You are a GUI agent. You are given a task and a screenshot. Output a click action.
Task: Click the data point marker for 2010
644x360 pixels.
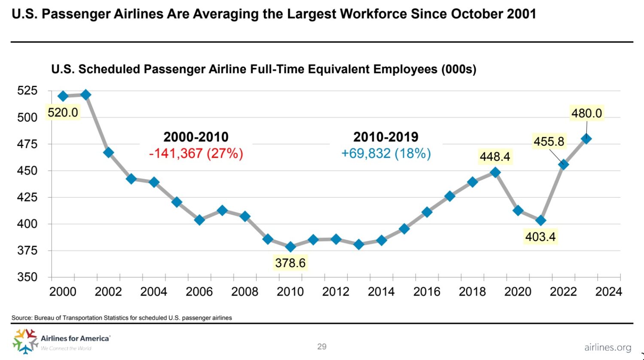[x=291, y=247]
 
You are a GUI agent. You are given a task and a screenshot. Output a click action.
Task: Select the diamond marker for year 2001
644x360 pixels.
[x=85, y=95]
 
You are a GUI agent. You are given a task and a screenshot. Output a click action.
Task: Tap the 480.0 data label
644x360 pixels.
[x=586, y=113]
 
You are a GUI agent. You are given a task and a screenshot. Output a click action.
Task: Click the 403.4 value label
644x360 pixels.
[x=540, y=237]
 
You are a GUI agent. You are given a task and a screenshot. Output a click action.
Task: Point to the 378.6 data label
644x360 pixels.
[x=290, y=262]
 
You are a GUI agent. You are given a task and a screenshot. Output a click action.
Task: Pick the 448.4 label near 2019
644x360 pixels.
[x=495, y=157]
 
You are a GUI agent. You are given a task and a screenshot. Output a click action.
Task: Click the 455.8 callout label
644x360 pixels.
[x=549, y=141]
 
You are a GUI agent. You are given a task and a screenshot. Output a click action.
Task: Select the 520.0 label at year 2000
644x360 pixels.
[x=63, y=113]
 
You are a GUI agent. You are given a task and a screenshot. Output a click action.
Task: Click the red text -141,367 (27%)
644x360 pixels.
[x=196, y=153]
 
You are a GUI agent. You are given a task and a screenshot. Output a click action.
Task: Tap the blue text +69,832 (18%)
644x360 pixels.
[x=386, y=153]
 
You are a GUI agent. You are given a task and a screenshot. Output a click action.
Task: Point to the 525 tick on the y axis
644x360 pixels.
[x=27, y=91]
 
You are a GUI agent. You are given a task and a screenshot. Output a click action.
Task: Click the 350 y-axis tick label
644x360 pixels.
[x=27, y=277]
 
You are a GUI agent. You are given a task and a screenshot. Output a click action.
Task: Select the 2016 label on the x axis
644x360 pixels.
[x=427, y=292]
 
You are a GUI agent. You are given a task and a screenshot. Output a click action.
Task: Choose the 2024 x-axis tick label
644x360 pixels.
[x=608, y=292]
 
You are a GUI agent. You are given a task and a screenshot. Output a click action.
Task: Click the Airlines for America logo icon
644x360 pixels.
[x=25, y=341]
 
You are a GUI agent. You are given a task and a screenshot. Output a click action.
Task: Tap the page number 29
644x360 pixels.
[x=322, y=347]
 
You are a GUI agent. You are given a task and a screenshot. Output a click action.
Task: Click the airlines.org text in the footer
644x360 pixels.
[x=608, y=348]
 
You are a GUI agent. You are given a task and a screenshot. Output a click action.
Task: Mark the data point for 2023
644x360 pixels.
[x=586, y=139]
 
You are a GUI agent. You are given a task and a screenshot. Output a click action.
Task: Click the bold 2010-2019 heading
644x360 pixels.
[x=386, y=137]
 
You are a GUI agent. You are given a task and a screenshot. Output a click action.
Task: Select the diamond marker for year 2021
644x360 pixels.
[x=541, y=221]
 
